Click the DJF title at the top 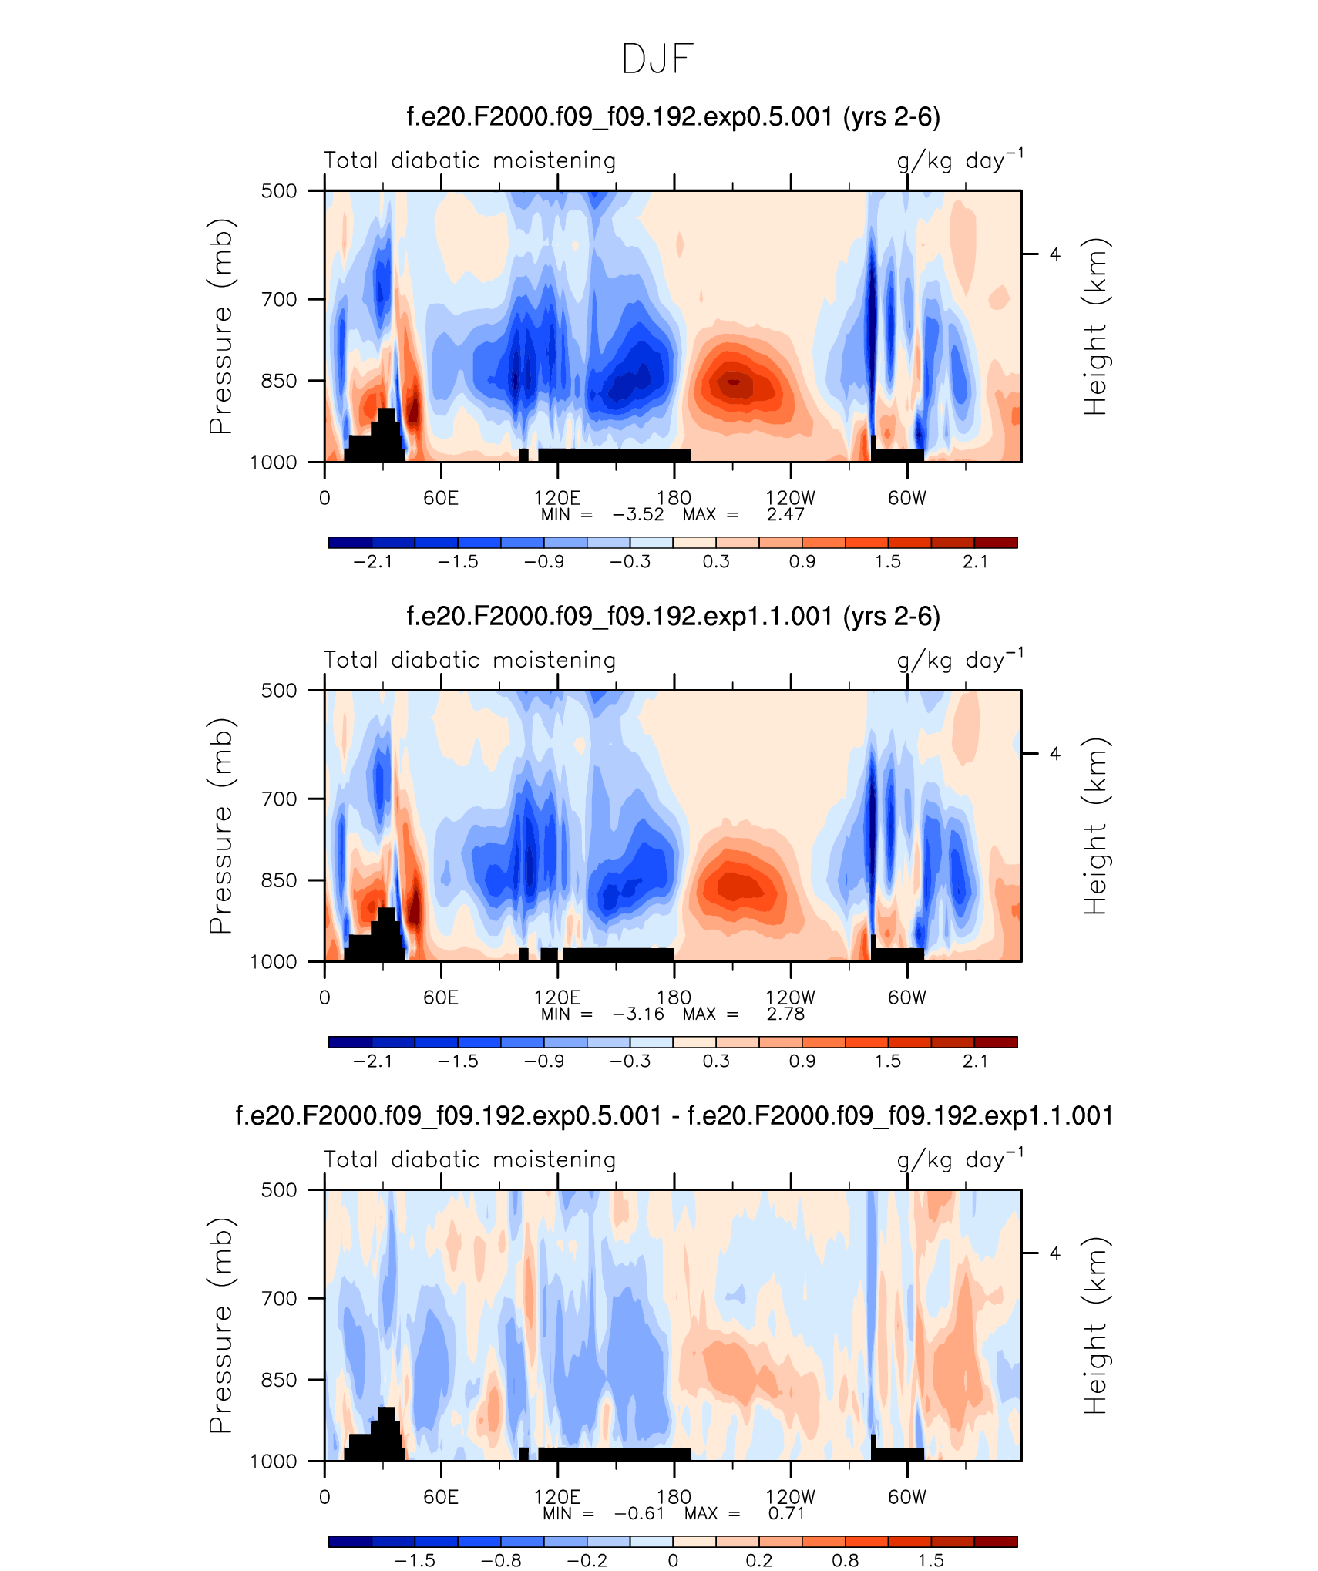tap(658, 59)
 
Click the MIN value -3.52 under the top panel tap(638, 514)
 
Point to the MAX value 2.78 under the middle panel tap(785, 1014)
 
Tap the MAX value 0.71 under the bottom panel tap(786, 1513)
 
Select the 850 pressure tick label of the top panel tap(279, 381)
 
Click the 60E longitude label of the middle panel tap(441, 997)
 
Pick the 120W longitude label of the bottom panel tap(790, 1497)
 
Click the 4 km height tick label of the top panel tap(1055, 254)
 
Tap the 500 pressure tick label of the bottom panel tap(279, 1189)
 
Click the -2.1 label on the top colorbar tap(373, 561)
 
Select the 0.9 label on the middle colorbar tap(802, 1061)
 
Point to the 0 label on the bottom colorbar tap(673, 1560)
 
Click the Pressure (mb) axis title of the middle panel tap(220, 826)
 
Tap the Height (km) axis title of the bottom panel tap(1095, 1325)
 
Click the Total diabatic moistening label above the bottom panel tap(470, 1159)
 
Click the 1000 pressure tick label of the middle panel tap(274, 961)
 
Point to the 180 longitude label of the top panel tap(674, 498)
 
